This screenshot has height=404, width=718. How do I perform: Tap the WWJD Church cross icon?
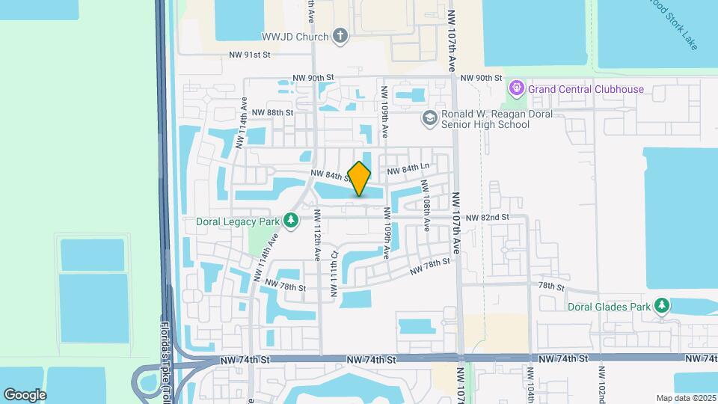tap(340, 37)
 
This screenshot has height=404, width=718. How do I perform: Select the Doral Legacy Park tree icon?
tap(291, 221)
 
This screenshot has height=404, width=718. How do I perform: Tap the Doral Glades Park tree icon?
tap(661, 305)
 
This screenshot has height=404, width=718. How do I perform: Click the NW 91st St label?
tap(249, 55)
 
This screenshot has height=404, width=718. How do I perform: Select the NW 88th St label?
tap(272, 112)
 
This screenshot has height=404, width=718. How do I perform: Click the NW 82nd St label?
tap(487, 217)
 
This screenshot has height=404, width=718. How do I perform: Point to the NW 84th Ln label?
tap(408, 169)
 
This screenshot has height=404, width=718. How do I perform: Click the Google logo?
tap(25, 394)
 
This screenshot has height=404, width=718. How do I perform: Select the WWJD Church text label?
tap(295, 37)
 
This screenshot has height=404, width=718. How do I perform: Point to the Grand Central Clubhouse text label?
tap(586, 89)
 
